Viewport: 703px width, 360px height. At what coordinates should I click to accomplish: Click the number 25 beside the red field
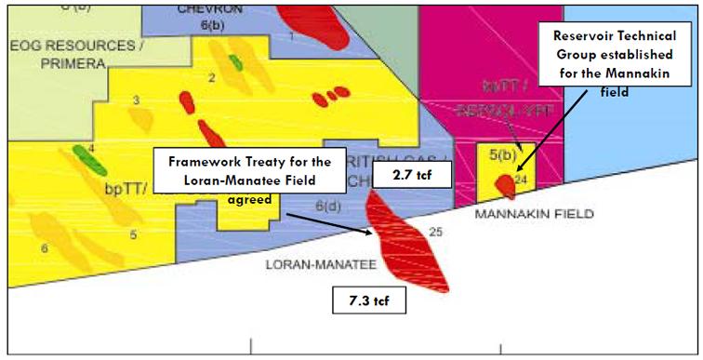point(436,233)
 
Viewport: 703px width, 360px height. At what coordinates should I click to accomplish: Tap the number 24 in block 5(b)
point(521,180)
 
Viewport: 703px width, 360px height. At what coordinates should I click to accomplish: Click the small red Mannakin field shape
point(505,185)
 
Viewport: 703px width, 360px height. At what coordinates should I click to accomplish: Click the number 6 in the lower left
point(44,248)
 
